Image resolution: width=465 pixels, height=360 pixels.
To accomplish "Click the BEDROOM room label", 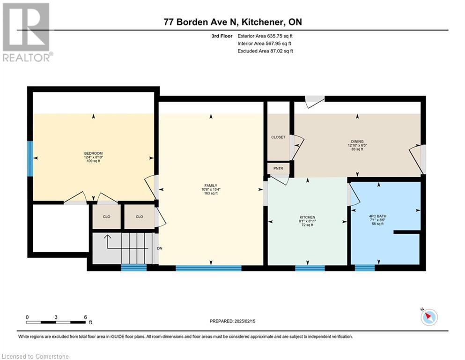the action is coord(93,153).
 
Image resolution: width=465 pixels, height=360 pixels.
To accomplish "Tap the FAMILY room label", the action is coord(211,186).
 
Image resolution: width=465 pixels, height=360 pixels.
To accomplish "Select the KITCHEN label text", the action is coord(307,217).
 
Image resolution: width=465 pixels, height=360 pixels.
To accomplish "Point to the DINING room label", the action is coord(357,142).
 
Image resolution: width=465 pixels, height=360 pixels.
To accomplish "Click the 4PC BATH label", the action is coord(378,217).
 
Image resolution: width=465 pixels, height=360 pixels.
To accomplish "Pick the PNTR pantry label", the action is coord(278,168).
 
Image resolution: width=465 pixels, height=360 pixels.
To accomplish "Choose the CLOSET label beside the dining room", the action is coord(278,137).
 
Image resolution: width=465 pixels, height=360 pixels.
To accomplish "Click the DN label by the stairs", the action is coord(160,248).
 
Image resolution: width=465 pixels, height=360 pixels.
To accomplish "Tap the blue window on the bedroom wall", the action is coord(30,158).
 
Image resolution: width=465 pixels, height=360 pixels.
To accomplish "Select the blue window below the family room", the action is coord(208,268).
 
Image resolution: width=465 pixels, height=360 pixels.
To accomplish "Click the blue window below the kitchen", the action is coord(310,268).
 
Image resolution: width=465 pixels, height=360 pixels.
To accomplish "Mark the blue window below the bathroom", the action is coord(365,268).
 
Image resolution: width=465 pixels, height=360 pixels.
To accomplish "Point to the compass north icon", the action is coord(429,317).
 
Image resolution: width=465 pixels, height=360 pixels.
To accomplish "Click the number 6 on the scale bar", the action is coord(85,317).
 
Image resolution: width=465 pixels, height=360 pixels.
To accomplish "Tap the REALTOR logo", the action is coord(27,32).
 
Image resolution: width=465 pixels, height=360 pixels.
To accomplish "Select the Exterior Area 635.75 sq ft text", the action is coord(265,36).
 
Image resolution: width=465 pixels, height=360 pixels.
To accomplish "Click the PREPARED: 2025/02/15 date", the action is coord(232,321).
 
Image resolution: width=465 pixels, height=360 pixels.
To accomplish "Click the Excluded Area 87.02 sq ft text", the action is coord(265,51).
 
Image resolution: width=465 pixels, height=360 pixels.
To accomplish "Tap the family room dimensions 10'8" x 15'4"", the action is coord(211,189).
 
